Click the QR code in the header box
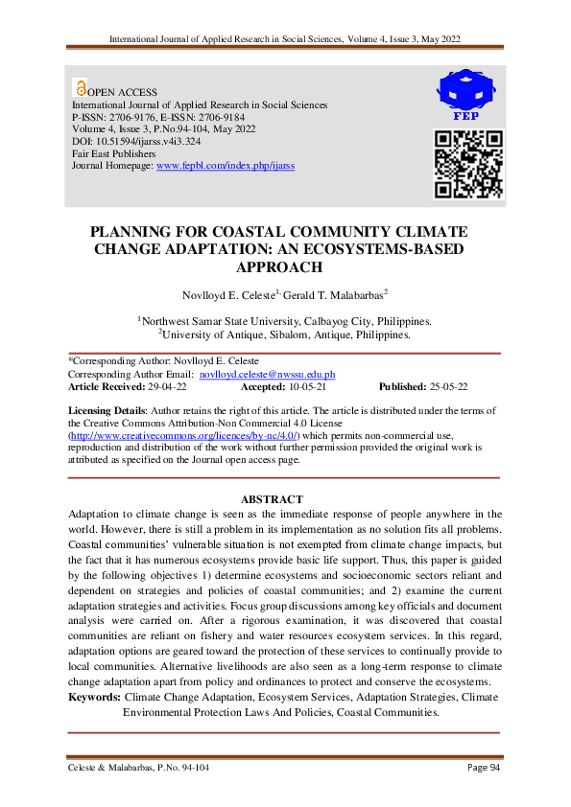[468, 164]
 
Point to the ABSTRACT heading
[272, 499]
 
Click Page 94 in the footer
[484, 768]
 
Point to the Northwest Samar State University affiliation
[284, 321]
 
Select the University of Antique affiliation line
[284, 334]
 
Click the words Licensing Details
[107, 409]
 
